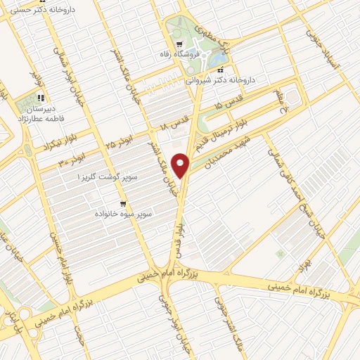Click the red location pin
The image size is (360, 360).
coord(182,165)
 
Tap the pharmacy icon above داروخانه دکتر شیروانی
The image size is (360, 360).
coord(222,71)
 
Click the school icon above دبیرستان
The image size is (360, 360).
coord(41,98)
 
